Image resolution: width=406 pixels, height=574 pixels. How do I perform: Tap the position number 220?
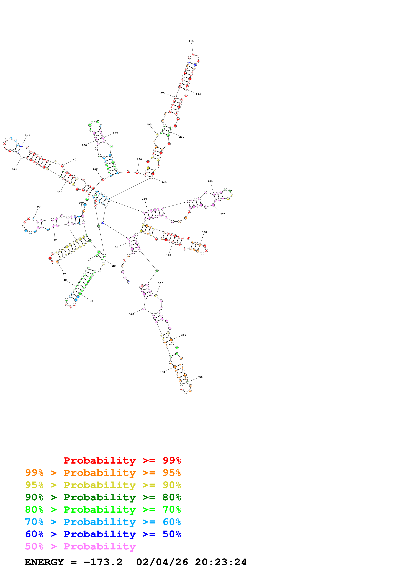(x=198, y=95)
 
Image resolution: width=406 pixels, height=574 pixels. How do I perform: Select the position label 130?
(x=28, y=135)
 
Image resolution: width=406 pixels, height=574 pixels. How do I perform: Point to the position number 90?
(x=39, y=207)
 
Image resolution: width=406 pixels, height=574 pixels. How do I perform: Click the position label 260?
(x=210, y=181)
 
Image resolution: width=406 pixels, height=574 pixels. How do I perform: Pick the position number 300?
(x=204, y=232)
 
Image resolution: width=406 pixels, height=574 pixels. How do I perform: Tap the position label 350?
(x=200, y=377)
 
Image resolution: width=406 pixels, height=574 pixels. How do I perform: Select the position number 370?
(x=131, y=314)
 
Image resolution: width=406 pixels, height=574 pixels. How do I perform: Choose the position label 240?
(x=164, y=182)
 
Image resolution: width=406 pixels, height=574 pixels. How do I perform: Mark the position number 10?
(x=117, y=247)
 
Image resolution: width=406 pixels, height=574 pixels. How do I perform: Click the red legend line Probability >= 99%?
(x=122, y=460)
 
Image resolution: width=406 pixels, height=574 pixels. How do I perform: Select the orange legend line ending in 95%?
(x=103, y=473)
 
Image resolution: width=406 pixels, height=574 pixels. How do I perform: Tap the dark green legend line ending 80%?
(x=103, y=497)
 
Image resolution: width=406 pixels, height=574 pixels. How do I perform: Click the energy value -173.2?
(x=103, y=562)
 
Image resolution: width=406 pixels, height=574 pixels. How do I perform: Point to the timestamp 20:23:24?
(x=221, y=562)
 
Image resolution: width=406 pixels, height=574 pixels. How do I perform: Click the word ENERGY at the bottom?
(x=44, y=562)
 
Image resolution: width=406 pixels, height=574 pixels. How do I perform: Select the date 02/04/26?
(x=162, y=562)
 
